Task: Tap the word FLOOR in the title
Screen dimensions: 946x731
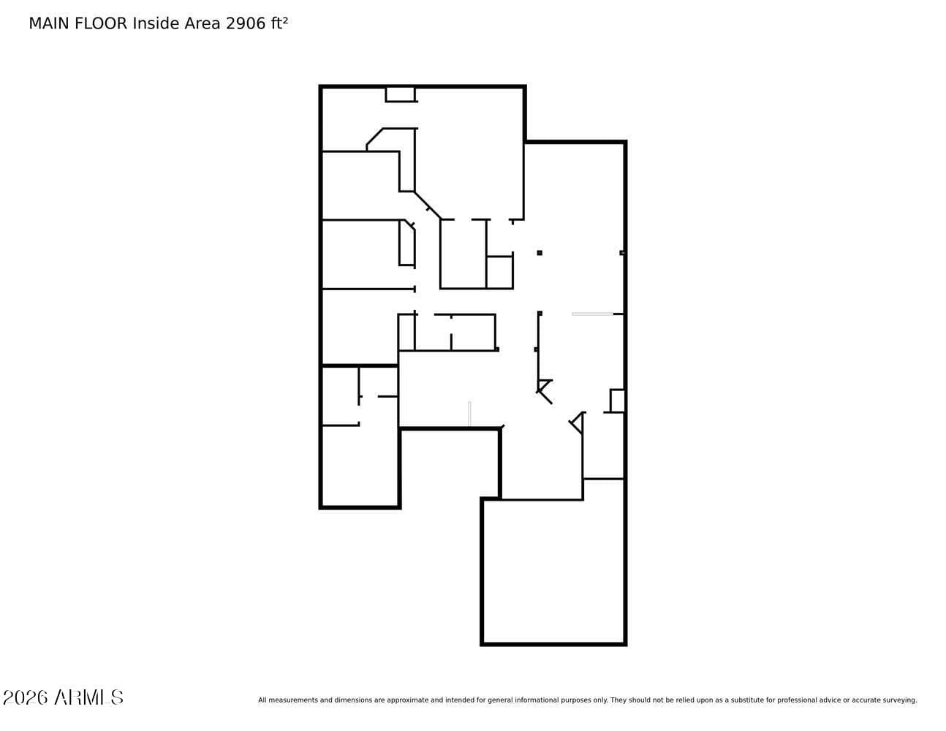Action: tap(101, 23)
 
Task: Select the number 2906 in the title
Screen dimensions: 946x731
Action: tap(246, 23)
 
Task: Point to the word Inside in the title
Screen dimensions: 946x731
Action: tap(156, 23)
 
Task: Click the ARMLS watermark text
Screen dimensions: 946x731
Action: tap(88, 697)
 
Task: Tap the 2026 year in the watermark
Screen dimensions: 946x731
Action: tap(25, 697)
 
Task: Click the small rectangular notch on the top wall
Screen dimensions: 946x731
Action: tap(401, 95)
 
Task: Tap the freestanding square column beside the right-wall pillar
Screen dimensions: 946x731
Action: tap(540, 253)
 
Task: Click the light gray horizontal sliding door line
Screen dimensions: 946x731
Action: tap(592, 314)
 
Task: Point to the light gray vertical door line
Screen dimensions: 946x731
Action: tap(469, 414)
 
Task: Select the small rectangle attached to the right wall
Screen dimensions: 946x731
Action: tap(617, 401)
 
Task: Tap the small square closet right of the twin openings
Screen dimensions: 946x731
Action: tap(499, 272)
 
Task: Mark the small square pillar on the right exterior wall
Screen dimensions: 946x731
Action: tap(623, 253)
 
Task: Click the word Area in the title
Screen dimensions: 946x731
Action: tap(202, 23)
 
